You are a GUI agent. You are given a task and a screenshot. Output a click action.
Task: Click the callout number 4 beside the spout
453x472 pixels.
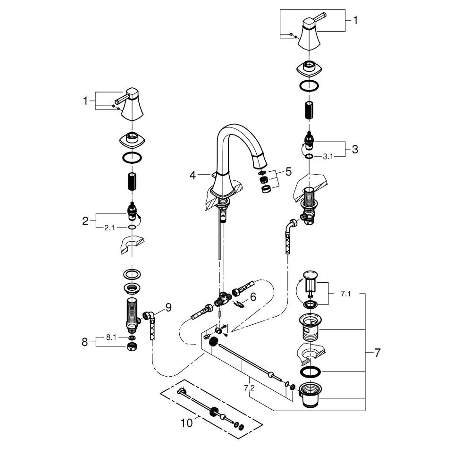[193, 175]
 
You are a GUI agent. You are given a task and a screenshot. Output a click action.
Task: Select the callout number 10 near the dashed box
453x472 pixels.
[187, 423]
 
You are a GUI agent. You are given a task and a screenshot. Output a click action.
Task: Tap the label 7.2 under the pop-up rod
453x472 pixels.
[249, 388]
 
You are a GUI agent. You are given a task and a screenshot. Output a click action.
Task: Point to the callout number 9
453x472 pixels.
[168, 307]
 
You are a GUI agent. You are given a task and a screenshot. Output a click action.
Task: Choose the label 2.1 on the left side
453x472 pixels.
[109, 228]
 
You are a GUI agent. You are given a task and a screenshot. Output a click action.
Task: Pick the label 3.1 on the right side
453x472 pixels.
[328, 157]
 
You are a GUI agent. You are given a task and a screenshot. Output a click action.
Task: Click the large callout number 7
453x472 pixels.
[377, 352]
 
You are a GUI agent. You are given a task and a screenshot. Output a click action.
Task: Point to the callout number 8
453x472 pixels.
[85, 342]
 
